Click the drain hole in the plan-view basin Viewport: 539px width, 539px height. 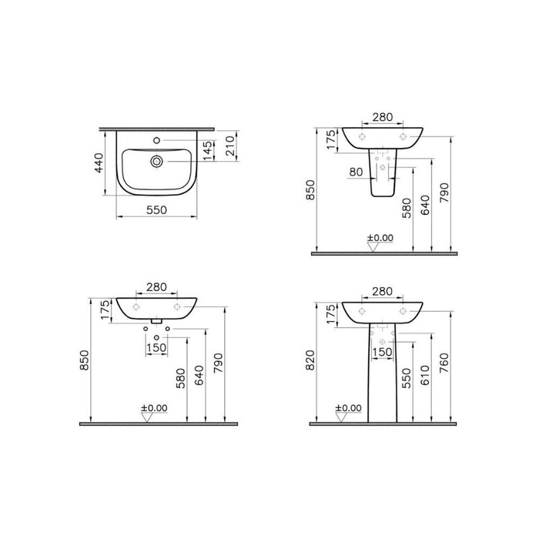tap(156, 162)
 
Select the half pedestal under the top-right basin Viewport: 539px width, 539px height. tap(383, 176)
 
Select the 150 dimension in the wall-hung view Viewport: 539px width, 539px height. tap(156, 347)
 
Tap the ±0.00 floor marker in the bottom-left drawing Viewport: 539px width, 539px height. tap(153, 407)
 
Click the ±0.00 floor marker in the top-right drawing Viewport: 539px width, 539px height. tap(380, 238)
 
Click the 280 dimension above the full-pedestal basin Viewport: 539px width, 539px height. tap(383, 291)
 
